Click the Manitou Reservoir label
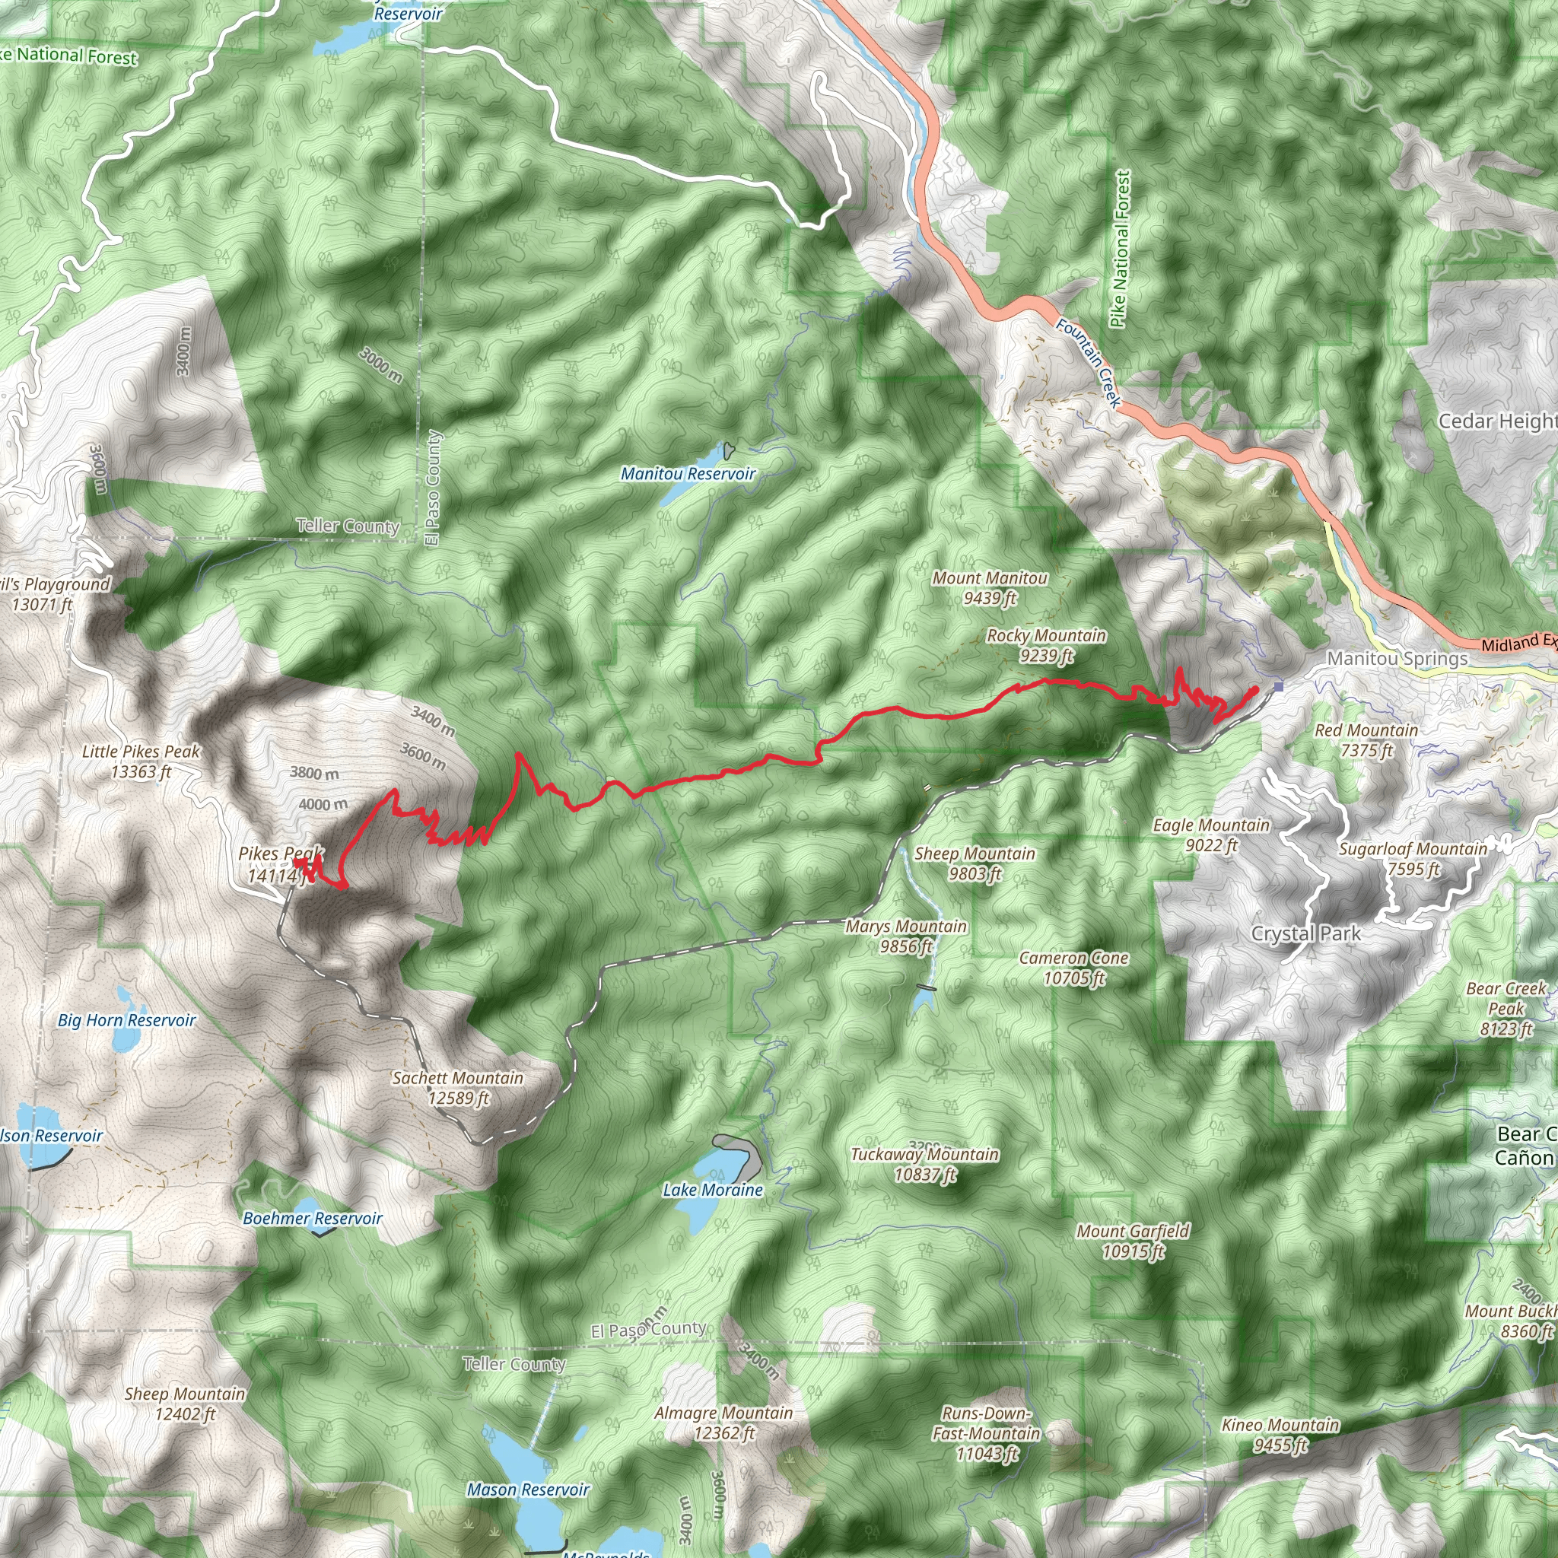[x=687, y=474]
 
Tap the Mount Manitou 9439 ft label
[x=990, y=587]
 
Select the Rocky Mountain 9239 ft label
[x=1046, y=645]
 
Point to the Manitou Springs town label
[x=1397, y=658]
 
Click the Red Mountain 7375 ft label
[x=1366, y=739]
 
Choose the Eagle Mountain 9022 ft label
[x=1210, y=835]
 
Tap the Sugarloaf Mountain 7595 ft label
[x=1413, y=858]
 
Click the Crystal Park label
[x=1305, y=934]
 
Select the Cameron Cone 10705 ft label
[x=1073, y=968]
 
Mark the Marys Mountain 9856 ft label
[x=905, y=936]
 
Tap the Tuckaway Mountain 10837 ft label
[x=925, y=1165]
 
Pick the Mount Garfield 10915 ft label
[x=1132, y=1241]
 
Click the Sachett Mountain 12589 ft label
[x=457, y=1088]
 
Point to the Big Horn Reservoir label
[x=126, y=1021]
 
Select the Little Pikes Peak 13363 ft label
[x=141, y=762]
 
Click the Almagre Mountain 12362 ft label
[x=723, y=1423]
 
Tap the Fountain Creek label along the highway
[x=1088, y=363]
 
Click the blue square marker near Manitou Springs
[x=1278, y=687]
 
